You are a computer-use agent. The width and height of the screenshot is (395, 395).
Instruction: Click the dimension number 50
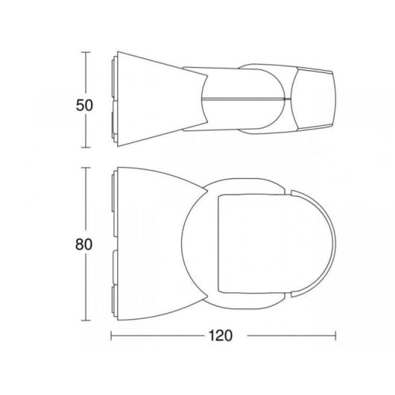pos(84,105)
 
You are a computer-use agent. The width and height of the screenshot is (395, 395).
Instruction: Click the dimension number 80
pos(84,244)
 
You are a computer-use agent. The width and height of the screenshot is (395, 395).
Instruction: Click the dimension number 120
pos(221,335)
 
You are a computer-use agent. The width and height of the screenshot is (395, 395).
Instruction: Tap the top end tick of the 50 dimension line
pos(86,52)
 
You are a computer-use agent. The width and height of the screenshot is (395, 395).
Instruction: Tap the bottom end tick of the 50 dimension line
pos(86,148)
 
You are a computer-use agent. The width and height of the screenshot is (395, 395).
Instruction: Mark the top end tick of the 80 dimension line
pos(86,168)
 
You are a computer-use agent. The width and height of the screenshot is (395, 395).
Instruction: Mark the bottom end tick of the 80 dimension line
pos(86,320)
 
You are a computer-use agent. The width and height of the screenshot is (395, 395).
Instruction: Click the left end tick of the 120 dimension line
pos(111,335)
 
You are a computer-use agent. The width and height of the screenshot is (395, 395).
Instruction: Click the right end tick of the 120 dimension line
pos(335,335)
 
